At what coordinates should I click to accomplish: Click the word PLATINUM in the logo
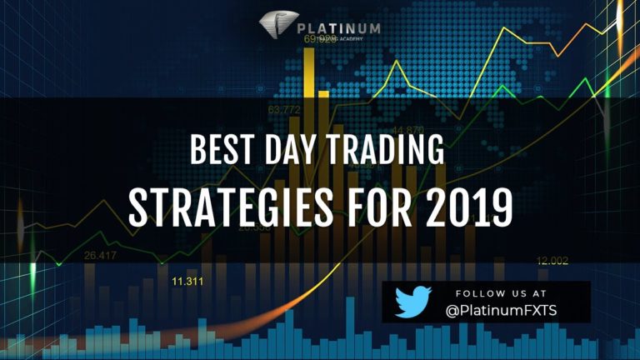coord(338,27)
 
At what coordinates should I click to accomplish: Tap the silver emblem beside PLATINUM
coord(276,26)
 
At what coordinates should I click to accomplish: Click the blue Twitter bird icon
coord(412,301)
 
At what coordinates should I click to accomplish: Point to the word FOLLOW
coord(477,294)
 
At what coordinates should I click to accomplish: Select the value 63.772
coord(284,108)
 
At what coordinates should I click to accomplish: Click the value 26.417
coord(100,255)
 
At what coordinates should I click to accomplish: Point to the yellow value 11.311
coord(188,282)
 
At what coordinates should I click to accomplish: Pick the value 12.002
coord(552,261)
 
